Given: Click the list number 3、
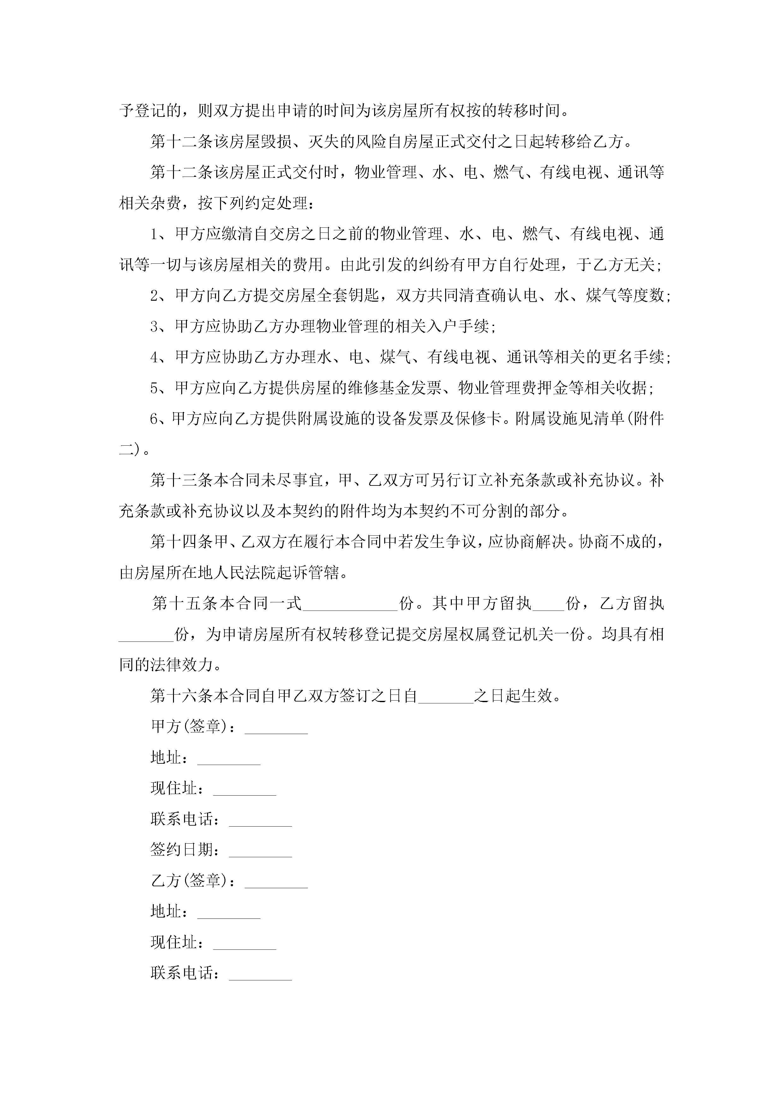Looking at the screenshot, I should coord(161,327).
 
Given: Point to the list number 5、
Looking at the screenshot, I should coord(161,388).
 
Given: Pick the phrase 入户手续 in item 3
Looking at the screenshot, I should coord(457,327).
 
